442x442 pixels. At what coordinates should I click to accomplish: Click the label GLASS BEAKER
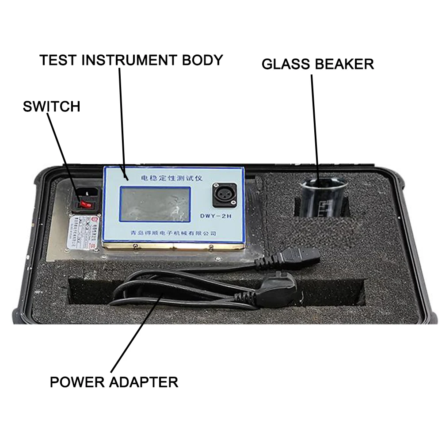317,64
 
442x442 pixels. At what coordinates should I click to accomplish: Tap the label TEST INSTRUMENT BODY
131,60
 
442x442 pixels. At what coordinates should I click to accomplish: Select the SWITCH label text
51,106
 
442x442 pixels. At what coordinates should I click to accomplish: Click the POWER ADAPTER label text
114,381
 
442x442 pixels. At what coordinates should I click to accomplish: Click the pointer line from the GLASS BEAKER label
315,124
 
